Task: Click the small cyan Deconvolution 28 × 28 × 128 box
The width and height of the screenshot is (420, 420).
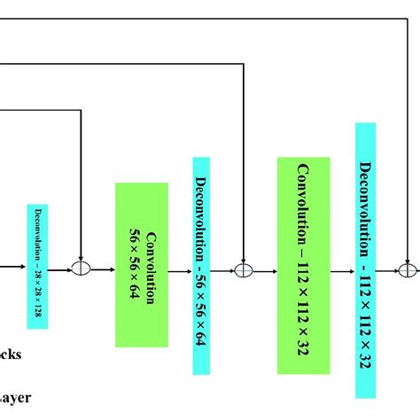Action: (x=36, y=265)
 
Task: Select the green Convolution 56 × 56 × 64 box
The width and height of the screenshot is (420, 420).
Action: (x=141, y=265)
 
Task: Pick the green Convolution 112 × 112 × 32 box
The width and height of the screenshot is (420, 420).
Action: (x=303, y=266)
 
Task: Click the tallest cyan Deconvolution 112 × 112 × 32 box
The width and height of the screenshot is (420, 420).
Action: (x=365, y=261)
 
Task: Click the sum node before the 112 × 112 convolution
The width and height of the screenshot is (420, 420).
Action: (x=243, y=268)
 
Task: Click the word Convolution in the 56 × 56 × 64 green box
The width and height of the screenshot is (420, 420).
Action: (x=150, y=266)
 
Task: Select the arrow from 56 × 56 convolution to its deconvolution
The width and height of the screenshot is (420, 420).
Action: (x=180, y=268)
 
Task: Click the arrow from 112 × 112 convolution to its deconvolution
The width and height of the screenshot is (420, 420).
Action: (x=342, y=268)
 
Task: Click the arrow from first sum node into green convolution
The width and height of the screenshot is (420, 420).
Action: (x=102, y=268)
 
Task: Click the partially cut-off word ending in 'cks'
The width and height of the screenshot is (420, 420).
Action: (x=11, y=354)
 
